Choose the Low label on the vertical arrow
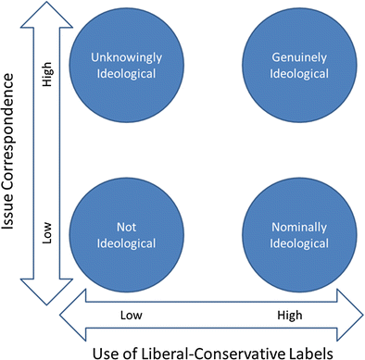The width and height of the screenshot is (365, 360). click(x=49, y=229)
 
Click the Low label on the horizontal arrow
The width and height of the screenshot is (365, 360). click(x=132, y=316)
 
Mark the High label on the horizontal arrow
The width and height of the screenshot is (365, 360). click(x=289, y=316)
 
